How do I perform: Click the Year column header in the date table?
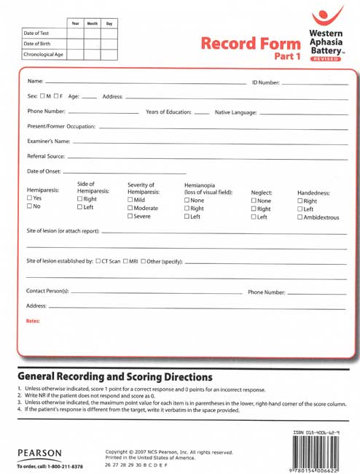coord(75,23)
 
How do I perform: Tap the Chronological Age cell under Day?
coord(109,54)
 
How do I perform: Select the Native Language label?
coord(236,112)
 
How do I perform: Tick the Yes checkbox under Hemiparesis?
coord(29,198)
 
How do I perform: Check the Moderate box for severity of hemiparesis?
coord(130,208)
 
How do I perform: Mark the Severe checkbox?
coord(130,217)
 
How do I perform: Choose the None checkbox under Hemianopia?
coord(187,200)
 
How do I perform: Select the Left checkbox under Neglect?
coord(254,217)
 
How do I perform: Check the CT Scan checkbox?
coord(98,261)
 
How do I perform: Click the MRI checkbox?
coord(125,261)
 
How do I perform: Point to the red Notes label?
coord(33,321)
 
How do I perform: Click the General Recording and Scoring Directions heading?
coord(114,377)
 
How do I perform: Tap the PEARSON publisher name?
coord(39,453)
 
